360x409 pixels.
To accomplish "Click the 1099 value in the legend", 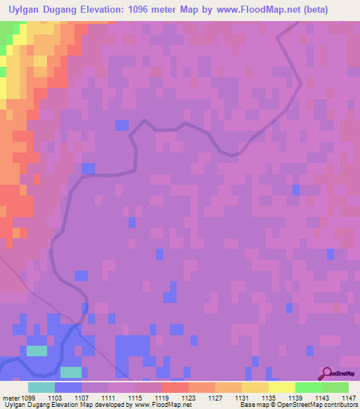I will [x=29, y=397].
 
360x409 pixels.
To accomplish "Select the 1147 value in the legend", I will [x=348, y=397].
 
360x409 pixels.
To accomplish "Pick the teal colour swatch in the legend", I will [x=41, y=387].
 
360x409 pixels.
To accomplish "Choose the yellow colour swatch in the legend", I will [x=281, y=387].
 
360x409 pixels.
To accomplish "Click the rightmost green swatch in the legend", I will [x=335, y=387].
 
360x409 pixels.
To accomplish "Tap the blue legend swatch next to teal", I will [x=68, y=387].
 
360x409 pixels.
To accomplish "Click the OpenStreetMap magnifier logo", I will [x=327, y=374].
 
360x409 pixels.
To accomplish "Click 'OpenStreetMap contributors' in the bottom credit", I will [x=316, y=405].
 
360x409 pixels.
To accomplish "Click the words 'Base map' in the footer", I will [x=252, y=405].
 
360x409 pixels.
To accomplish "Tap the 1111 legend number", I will [x=109, y=397].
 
